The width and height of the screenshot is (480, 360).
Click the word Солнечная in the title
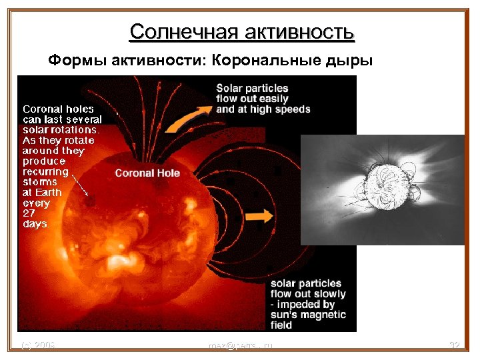point(184,31)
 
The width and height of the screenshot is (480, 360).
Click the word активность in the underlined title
point(299,31)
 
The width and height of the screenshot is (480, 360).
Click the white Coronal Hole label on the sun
point(147,173)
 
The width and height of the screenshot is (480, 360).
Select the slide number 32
point(455,345)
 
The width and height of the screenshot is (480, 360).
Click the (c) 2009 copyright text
point(38,345)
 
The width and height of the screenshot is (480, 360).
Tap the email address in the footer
point(240,345)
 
